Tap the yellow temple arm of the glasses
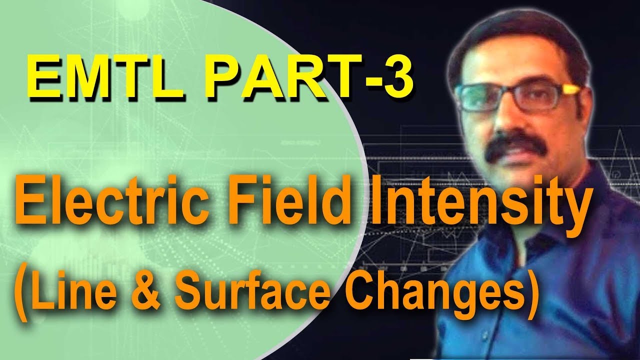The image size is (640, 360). tap(570, 90)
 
